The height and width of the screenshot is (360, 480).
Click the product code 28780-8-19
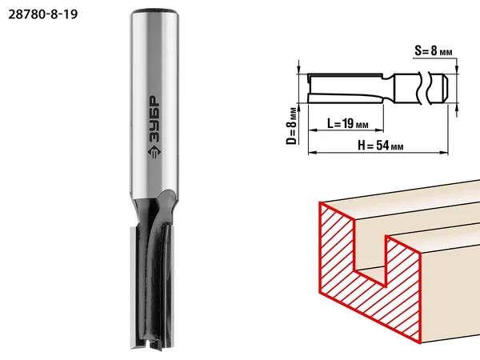[x=43, y=14]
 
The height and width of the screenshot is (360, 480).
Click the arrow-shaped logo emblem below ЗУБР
[x=154, y=152]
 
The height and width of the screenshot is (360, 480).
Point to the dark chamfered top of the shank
[x=154, y=12]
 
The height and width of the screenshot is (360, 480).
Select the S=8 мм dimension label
[x=433, y=51]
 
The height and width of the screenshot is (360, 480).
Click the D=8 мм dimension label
[x=292, y=126]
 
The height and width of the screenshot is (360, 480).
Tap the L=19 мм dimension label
[x=348, y=124]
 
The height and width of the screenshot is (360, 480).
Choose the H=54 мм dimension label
[x=381, y=146]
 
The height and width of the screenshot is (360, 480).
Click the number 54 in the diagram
[x=382, y=146]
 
